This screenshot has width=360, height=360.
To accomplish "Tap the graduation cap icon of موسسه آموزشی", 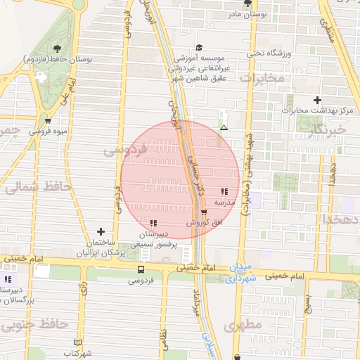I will (199, 47).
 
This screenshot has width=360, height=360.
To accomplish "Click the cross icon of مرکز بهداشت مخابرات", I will (318, 100).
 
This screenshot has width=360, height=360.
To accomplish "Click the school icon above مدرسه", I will (224, 191).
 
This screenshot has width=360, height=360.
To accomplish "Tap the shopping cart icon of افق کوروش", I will (204, 212).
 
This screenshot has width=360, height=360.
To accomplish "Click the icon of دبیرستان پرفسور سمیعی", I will (153, 223).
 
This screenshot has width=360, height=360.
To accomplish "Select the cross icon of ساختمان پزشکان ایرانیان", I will (101, 231).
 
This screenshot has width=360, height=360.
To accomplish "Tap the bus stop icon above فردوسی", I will (141, 269).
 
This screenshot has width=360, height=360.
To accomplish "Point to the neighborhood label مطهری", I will (244, 325).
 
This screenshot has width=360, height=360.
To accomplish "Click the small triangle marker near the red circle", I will (224, 128).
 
